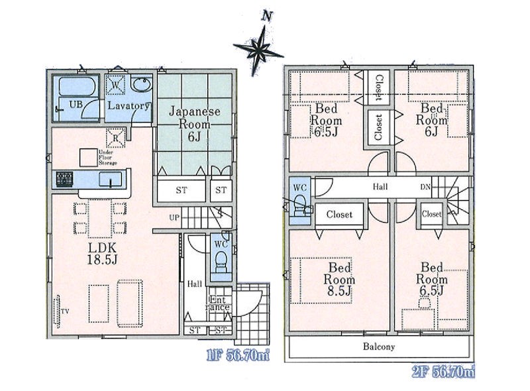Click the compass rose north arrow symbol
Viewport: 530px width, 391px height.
tap(258, 46)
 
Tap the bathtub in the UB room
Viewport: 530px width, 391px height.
tap(76, 87)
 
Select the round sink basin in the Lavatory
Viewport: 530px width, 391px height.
tap(141, 84)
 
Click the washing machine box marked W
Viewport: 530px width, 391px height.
tap(115, 85)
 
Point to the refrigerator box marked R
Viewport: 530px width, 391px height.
tap(115, 138)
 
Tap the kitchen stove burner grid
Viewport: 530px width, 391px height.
tap(64, 180)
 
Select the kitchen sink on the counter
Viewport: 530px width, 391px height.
tap(111, 179)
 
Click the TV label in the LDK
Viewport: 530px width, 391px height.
tap(64, 311)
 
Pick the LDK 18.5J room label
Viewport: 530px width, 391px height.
tap(102, 253)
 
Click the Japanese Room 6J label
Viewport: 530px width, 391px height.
tap(194, 124)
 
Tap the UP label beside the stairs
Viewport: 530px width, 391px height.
tap(174, 217)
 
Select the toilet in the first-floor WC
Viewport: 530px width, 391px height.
tap(221, 262)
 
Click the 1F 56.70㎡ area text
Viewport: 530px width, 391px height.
tap(238, 355)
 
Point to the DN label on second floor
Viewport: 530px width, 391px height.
tap(425, 186)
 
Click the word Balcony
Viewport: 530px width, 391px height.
tap(379, 347)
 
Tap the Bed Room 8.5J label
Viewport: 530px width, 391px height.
tap(339, 280)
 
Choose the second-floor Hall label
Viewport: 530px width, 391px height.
tap(380, 186)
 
